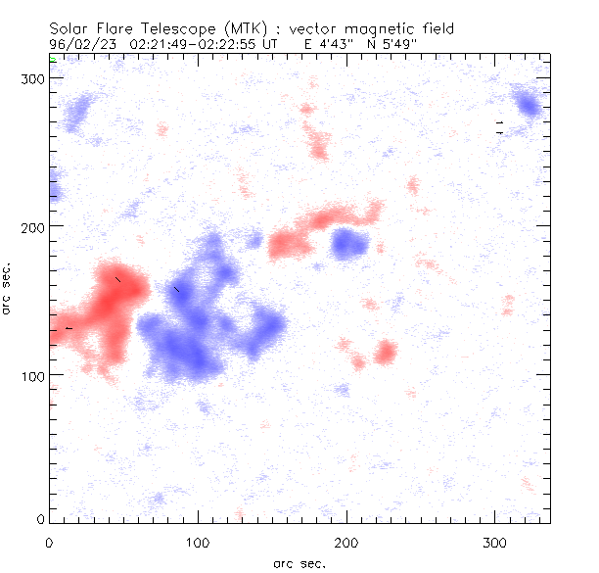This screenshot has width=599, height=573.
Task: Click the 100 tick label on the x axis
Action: [199, 542]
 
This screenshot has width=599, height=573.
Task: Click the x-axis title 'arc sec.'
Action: [299, 562]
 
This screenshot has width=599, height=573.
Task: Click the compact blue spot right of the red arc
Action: [348, 242]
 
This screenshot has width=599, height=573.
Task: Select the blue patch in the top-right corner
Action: [530, 105]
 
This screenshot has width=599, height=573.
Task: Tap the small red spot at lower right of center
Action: [386, 352]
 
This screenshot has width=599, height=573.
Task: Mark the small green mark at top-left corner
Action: [54, 61]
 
